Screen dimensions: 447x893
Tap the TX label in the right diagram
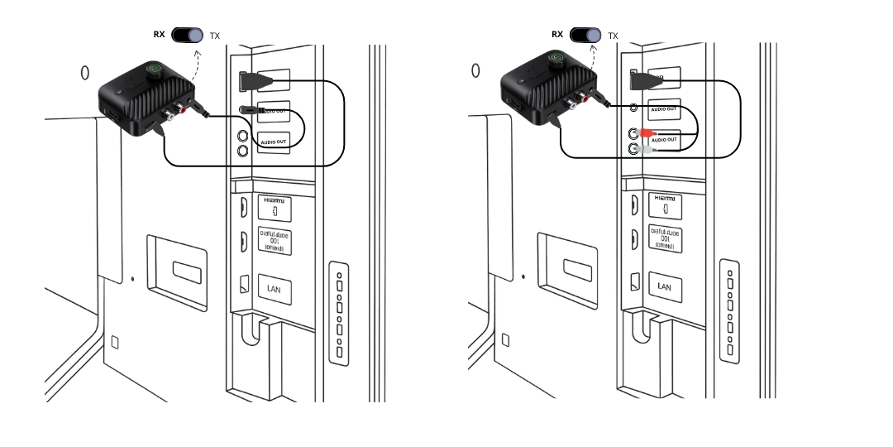613,36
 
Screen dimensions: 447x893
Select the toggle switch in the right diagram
585,36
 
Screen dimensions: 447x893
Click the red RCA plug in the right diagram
644,132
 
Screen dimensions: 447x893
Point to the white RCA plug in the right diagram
644,150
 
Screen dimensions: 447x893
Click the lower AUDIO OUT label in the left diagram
274,142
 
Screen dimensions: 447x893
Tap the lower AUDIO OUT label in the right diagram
664,141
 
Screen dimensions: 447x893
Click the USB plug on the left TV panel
251,81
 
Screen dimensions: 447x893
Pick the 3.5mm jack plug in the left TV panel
250,109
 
